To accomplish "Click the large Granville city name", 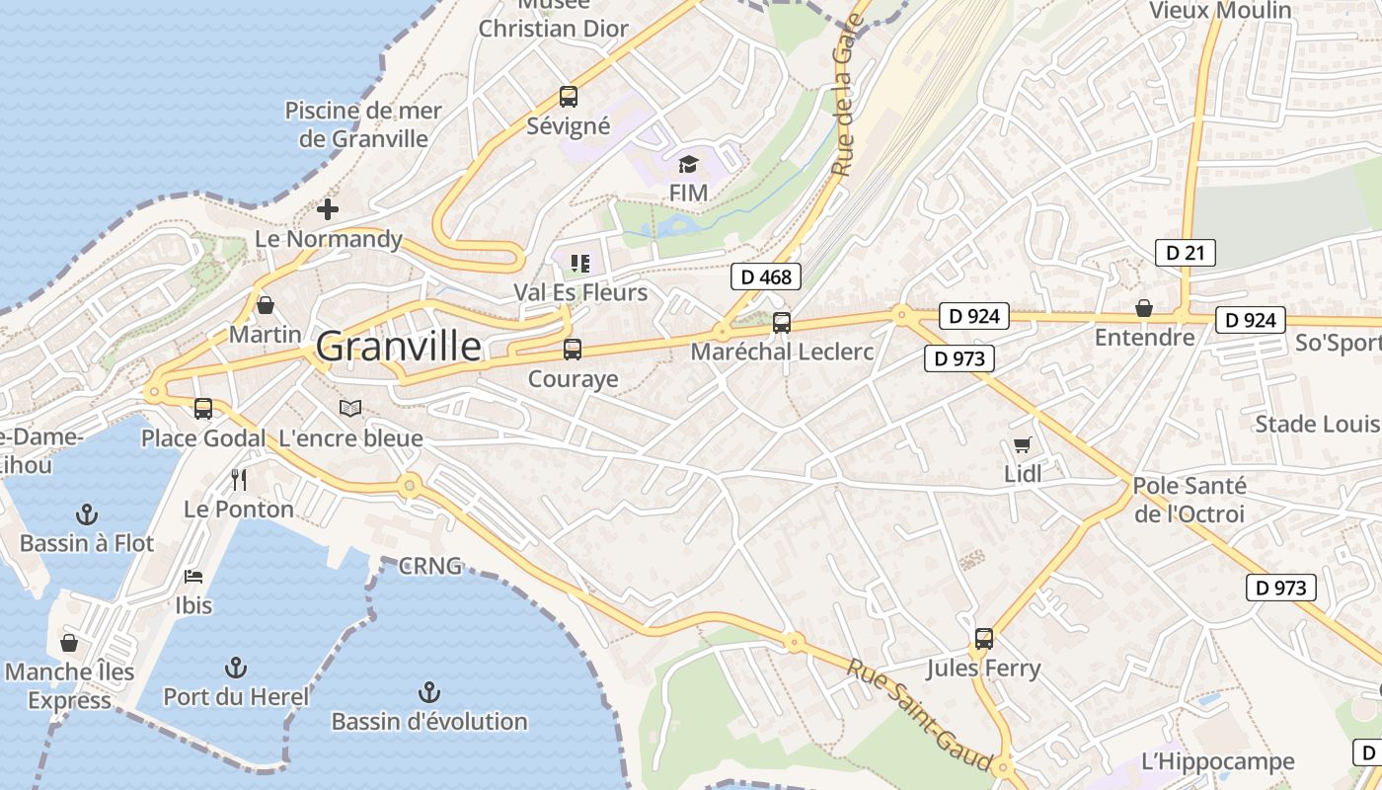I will (399, 347).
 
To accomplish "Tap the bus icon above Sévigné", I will (569, 97).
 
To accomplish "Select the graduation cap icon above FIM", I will (688, 164).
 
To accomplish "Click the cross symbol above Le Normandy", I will (328, 209).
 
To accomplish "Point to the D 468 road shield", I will (766, 277).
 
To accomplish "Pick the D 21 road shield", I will (1185, 253).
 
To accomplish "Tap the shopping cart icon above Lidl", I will (1022, 445).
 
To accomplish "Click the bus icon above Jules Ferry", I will (983, 639).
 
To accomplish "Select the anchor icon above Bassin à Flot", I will (87, 513).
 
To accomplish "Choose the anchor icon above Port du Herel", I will (235, 667).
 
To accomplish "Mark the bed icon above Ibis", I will (193, 576).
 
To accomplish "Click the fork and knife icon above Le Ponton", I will (238, 480).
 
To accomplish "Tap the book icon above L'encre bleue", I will (350, 408).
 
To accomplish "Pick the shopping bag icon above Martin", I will (265, 305).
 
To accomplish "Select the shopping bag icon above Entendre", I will (1143, 308).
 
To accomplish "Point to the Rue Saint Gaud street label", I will (919, 716).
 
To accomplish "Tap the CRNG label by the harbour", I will (429, 566).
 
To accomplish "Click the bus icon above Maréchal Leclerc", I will (781, 322).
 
